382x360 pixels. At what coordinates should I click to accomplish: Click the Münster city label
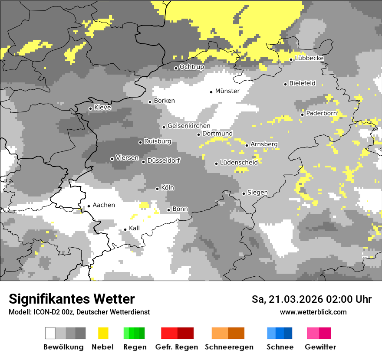[x=227, y=91]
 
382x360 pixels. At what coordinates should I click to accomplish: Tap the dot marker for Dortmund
[x=198, y=134]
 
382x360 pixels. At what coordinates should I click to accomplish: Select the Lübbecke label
[x=309, y=59]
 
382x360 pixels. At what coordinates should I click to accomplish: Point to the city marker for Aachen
[x=89, y=206]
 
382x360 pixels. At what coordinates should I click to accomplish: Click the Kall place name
[x=134, y=228]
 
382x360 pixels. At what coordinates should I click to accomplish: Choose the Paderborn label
[x=321, y=113]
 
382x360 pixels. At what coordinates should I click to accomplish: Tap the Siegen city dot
[x=244, y=193]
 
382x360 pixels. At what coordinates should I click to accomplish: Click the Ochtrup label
[x=191, y=67]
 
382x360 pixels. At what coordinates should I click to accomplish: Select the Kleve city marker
[x=90, y=108]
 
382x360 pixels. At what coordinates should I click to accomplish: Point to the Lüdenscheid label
[x=239, y=163]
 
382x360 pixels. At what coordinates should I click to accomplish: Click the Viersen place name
[x=127, y=158]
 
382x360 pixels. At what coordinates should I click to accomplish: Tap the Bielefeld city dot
[x=285, y=84]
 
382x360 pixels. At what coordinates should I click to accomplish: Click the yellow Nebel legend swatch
[x=103, y=333]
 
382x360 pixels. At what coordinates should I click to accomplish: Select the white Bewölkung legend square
[x=50, y=333]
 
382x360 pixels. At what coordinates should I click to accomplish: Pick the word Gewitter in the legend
[x=320, y=347]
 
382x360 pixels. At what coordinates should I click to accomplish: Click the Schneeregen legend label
[x=229, y=347]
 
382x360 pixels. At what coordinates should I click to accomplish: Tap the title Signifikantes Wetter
[x=72, y=299]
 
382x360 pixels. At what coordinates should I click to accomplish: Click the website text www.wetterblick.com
[x=313, y=312]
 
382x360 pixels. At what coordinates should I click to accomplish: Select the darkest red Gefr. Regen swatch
[x=185, y=333]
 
